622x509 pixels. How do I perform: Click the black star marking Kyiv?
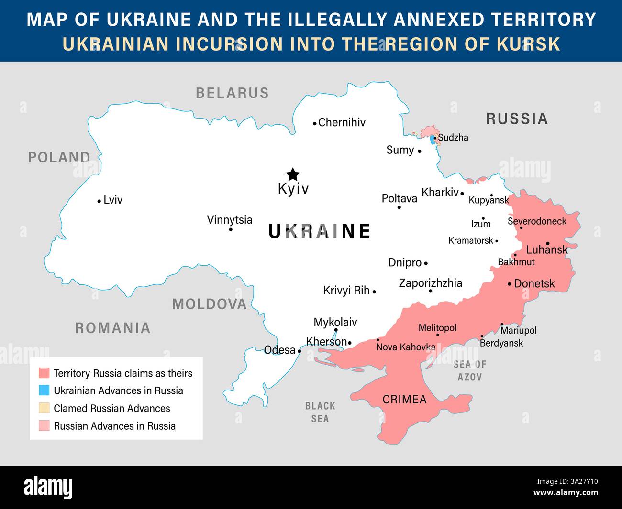[x=292, y=174]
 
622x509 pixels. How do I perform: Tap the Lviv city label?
[x=113, y=200]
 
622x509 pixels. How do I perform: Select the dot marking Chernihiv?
[x=314, y=123]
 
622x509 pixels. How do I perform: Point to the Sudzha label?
[x=453, y=138]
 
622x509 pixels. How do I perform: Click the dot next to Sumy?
[x=419, y=151]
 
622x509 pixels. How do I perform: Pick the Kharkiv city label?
[x=440, y=192]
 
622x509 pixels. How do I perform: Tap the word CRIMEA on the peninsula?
[x=404, y=399]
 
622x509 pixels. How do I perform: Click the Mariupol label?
[x=519, y=330]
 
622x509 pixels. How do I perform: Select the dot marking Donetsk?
[x=510, y=284]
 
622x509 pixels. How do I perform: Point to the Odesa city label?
[x=279, y=350]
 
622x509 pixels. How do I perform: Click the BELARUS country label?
[x=232, y=93]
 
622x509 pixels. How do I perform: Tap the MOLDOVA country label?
[x=209, y=304]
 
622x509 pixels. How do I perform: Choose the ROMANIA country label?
[x=112, y=328]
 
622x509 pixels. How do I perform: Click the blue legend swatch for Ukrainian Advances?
[x=44, y=390]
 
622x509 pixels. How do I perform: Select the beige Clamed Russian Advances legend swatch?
[x=44, y=408]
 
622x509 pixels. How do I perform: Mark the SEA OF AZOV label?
[x=469, y=370]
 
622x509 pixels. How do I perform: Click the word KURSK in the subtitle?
[x=528, y=44]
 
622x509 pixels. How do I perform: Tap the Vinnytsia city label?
[x=229, y=220]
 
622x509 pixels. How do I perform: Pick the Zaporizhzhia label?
[x=430, y=283]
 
